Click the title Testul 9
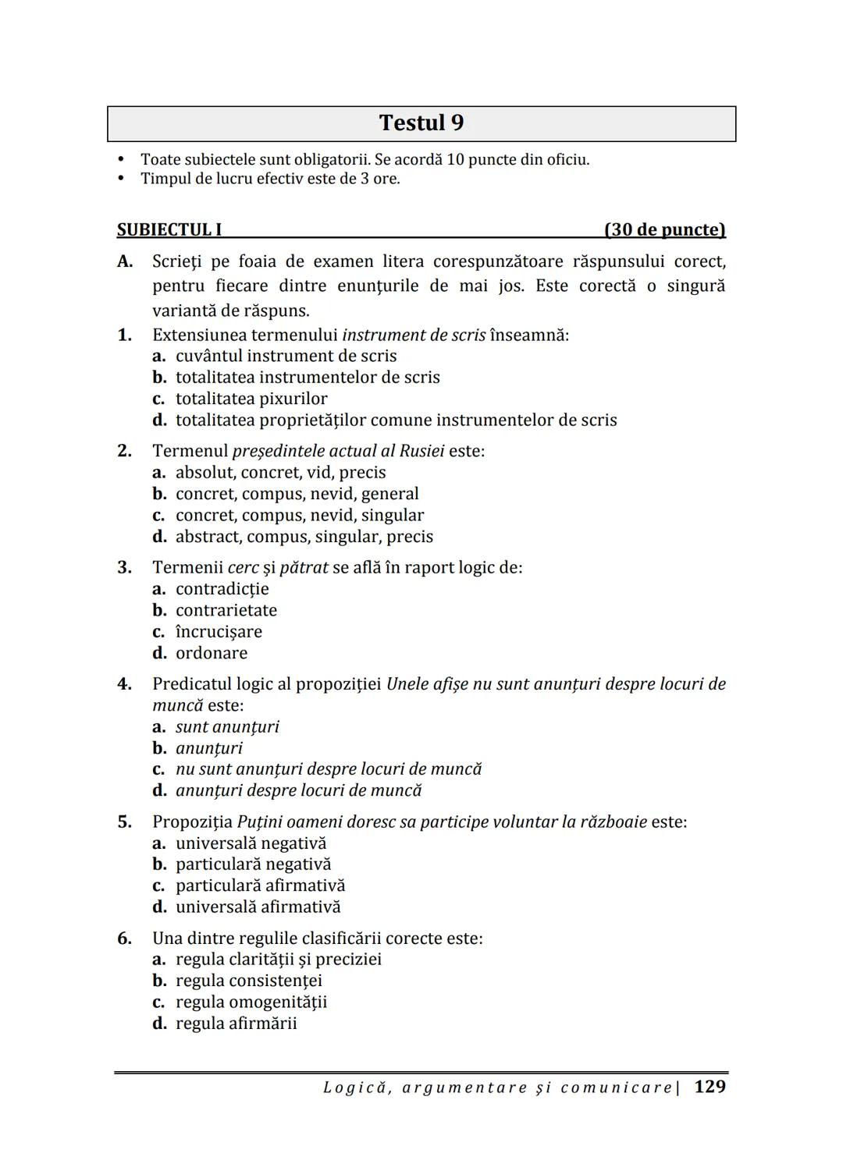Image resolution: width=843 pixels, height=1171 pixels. point(421,123)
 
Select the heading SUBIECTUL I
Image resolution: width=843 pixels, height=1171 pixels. point(169,229)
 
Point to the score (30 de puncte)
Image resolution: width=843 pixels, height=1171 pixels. point(664,229)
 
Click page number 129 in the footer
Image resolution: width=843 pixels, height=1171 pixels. point(710,1087)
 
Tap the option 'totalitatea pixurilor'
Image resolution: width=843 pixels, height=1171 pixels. point(251,399)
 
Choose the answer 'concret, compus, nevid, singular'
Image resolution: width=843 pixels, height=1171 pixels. point(300,515)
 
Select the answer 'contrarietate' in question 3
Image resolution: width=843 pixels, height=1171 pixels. point(226,610)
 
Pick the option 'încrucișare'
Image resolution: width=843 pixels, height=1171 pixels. point(219,631)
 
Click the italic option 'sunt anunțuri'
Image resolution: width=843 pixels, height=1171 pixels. point(227,727)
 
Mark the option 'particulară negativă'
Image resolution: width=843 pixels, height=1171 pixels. point(253,864)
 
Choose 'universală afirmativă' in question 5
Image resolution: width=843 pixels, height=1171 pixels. point(258,907)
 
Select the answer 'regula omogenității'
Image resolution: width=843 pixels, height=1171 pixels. point(251,1002)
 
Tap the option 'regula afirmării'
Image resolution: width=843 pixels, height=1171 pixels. point(236,1023)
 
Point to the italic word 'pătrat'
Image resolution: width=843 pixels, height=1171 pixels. point(304,567)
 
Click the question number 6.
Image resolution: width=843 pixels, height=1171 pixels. point(125,938)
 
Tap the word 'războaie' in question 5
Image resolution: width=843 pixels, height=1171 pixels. point(612,821)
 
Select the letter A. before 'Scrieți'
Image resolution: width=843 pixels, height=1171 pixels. point(125,261)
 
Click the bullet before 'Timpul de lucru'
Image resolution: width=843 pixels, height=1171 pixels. point(120,179)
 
